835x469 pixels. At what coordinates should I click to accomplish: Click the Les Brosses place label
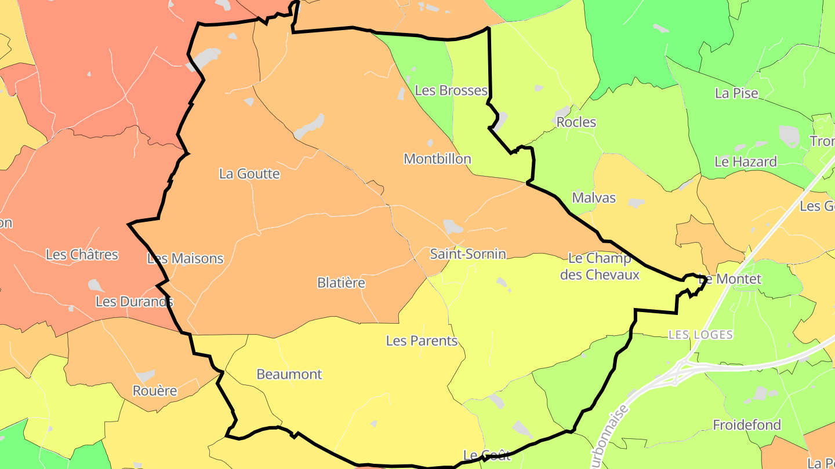451,90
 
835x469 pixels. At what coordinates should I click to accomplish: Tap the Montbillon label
437,159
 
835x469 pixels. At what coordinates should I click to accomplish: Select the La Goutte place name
249,174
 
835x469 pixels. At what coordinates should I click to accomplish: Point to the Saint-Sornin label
467,254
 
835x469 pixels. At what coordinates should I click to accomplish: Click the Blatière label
341,283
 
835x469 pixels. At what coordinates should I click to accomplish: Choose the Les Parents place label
422,340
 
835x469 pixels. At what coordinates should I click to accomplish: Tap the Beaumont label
289,374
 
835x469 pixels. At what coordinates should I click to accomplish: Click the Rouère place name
155,391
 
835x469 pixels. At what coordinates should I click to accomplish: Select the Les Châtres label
82,254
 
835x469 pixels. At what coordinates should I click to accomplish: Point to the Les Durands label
134,301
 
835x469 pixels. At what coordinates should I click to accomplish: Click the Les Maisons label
185,259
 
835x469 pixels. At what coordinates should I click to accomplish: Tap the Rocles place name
576,122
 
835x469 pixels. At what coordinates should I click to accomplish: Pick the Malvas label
594,198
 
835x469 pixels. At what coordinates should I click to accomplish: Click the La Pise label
736,93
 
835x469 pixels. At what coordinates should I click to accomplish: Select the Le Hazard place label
745,162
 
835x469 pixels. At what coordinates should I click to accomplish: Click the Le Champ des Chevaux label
600,266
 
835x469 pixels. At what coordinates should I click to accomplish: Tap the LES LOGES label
700,335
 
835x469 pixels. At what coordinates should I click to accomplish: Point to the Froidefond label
747,425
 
